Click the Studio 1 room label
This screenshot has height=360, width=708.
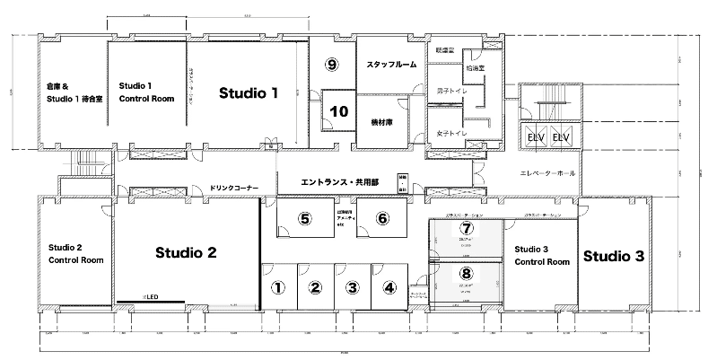[x=249, y=92]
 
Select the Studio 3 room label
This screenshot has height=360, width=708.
[x=614, y=256]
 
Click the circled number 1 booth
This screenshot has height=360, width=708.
[x=278, y=288]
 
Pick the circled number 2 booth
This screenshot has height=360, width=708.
[x=315, y=288]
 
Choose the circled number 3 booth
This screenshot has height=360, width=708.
[x=353, y=288]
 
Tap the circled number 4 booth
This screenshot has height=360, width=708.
[x=389, y=288]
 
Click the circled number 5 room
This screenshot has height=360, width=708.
[x=305, y=218]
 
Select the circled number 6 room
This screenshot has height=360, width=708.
[x=382, y=218]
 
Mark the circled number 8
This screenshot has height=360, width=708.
[x=466, y=273]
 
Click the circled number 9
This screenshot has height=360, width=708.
[x=332, y=65]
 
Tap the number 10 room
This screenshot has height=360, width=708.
[x=338, y=112]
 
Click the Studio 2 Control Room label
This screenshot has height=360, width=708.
[x=76, y=253]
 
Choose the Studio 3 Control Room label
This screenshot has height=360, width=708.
[x=541, y=255]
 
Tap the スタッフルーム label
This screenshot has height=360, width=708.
[x=390, y=66]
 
